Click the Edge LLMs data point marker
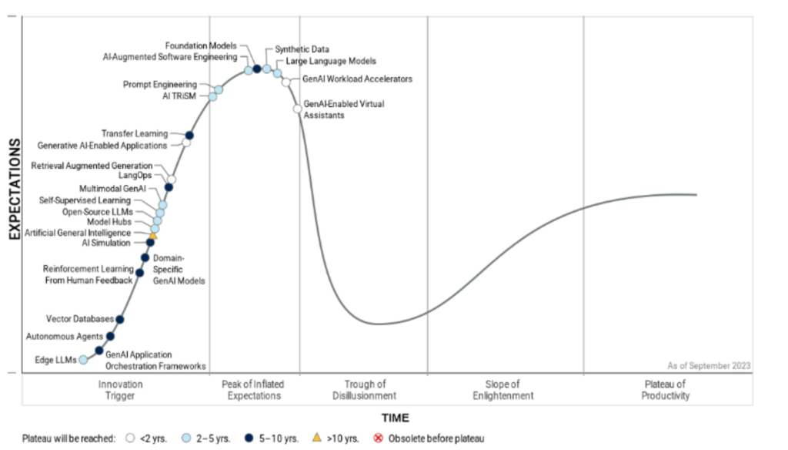point(83,359)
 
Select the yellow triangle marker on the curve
point(153,236)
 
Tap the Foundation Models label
point(202,45)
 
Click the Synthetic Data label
point(302,49)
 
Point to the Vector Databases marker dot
point(119,319)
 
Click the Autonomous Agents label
point(63,337)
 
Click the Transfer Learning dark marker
point(189,136)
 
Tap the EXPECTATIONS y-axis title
point(14,190)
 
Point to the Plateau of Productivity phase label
point(666,390)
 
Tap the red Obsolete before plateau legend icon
point(378,438)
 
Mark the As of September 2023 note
point(709,366)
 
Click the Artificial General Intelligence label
point(78,232)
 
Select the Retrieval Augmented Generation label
point(92,166)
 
